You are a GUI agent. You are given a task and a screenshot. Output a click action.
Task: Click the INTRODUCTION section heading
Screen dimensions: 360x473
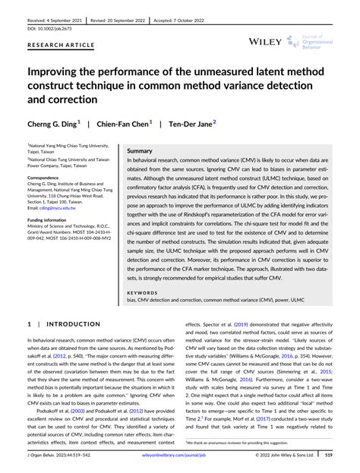[63, 324]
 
